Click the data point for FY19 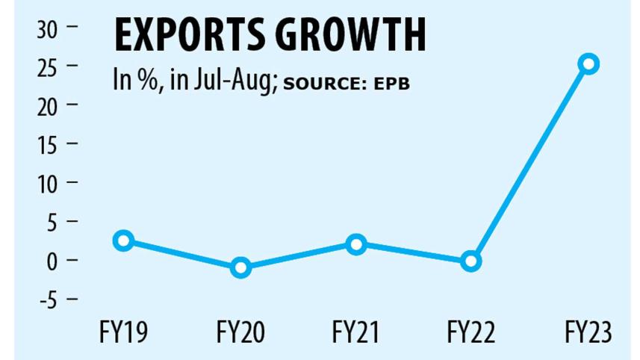[124, 240]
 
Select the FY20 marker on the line [240, 267]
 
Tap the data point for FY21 [356, 244]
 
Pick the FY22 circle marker [470, 261]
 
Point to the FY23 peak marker [588, 64]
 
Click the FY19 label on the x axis [124, 332]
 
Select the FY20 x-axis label [240, 332]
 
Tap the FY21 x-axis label [356, 332]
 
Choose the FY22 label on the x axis [471, 332]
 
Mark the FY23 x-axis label [587, 332]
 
